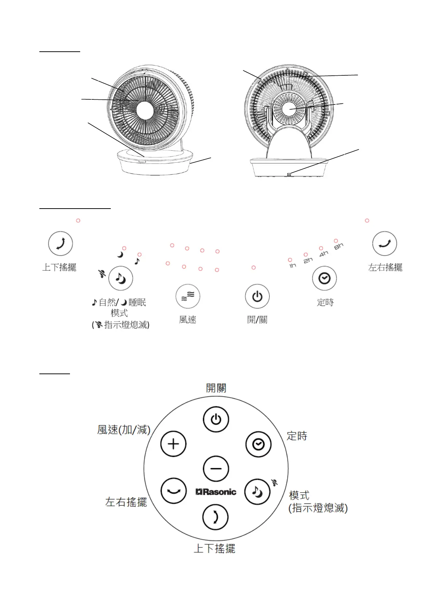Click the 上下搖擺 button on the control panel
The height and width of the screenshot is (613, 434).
pyautogui.click(x=60, y=244)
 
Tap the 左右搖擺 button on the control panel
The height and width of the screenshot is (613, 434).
pyautogui.click(x=384, y=244)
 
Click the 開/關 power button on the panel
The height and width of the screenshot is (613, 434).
pyautogui.click(x=257, y=296)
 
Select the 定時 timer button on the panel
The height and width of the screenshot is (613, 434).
pyautogui.click(x=324, y=278)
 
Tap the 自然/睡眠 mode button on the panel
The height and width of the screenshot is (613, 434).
pyautogui.click(x=121, y=278)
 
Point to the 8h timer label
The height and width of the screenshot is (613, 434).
pyautogui.click(x=339, y=246)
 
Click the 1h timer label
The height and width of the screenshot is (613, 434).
pyautogui.click(x=293, y=265)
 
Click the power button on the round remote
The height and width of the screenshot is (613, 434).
pyautogui.click(x=216, y=420)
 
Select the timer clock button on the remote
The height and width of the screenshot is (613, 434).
pyautogui.click(x=258, y=444)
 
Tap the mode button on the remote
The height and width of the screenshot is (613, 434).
pyautogui.click(x=257, y=492)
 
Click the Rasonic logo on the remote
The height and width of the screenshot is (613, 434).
pyautogui.click(x=216, y=492)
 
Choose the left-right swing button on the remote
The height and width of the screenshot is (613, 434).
pyautogui.click(x=173, y=491)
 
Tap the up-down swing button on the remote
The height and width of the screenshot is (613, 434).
pyautogui.click(x=215, y=517)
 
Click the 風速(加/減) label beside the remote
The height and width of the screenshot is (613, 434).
pyautogui.click(x=124, y=430)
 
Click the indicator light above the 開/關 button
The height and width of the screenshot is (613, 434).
pyautogui.click(x=254, y=268)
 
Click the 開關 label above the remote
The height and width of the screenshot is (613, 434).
pyautogui.click(x=216, y=388)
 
